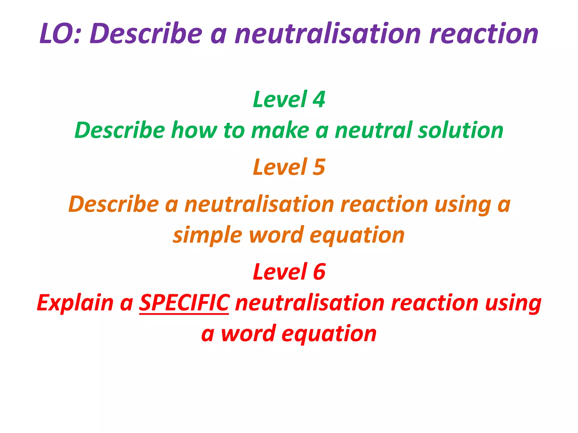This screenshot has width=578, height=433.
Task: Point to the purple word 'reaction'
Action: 484,34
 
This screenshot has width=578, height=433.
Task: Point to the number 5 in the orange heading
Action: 319,167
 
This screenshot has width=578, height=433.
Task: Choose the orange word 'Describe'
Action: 114,204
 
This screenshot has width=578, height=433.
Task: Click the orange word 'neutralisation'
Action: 259,204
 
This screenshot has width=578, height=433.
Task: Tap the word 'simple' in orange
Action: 207,236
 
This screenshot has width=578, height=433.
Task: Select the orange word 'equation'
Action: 357,236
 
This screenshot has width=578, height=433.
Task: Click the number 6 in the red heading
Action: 319,272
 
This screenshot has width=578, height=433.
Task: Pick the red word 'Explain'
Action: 75,303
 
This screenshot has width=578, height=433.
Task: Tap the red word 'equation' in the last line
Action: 329,334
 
